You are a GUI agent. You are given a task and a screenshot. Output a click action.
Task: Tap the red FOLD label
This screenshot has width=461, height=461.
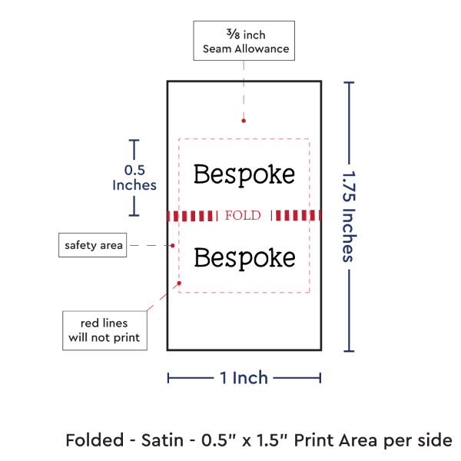click(x=243, y=215)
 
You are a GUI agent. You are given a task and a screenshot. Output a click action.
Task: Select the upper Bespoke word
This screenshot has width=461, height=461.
click(x=244, y=174)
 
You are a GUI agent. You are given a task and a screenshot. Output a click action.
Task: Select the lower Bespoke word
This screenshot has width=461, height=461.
click(x=244, y=258)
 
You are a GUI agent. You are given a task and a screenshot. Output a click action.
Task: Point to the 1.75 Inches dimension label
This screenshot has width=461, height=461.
click(x=350, y=216)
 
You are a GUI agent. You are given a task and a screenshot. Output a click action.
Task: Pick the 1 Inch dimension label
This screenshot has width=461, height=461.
click(x=244, y=377)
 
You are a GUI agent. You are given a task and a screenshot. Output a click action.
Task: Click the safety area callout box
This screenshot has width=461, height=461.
click(x=92, y=245)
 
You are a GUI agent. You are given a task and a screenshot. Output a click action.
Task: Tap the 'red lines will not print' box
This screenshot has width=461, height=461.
click(x=104, y=330)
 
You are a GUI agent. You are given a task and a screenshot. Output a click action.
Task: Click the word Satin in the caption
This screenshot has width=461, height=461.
click(x=161, y=440)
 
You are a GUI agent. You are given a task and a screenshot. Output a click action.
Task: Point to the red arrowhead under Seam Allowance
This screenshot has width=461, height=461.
click(x=243, y=120)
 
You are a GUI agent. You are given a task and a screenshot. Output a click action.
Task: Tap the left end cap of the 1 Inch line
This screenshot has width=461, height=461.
click(x=168, y=377)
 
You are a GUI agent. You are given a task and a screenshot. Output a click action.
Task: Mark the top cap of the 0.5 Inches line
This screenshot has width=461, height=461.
click(x=134, y=141)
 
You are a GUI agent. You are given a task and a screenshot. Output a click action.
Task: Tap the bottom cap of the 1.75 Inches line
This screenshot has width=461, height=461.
click(x=350, y=351)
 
